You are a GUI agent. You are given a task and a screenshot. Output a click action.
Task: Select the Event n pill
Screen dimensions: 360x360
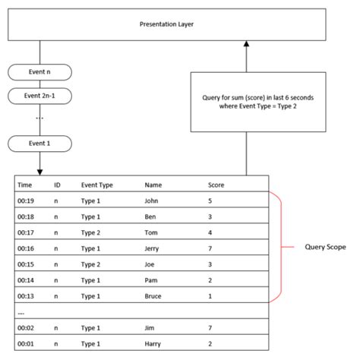[x=39, y=73]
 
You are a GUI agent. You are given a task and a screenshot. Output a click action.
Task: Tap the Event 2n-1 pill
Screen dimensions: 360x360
[x=39, y=96]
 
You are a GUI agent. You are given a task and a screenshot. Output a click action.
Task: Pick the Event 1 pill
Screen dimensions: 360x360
[x=39, y=142]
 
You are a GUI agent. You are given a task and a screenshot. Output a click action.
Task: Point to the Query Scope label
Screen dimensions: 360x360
[x=324, y=247]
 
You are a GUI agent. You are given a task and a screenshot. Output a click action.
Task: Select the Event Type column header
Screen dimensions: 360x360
[x=97, y=185]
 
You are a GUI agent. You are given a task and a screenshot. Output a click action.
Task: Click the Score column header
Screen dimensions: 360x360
[x=216, y=185]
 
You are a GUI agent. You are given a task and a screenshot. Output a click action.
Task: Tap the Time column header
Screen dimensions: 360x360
[x=25, y=185]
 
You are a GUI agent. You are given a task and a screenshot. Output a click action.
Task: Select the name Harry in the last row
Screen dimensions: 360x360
[x=153, y=343]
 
